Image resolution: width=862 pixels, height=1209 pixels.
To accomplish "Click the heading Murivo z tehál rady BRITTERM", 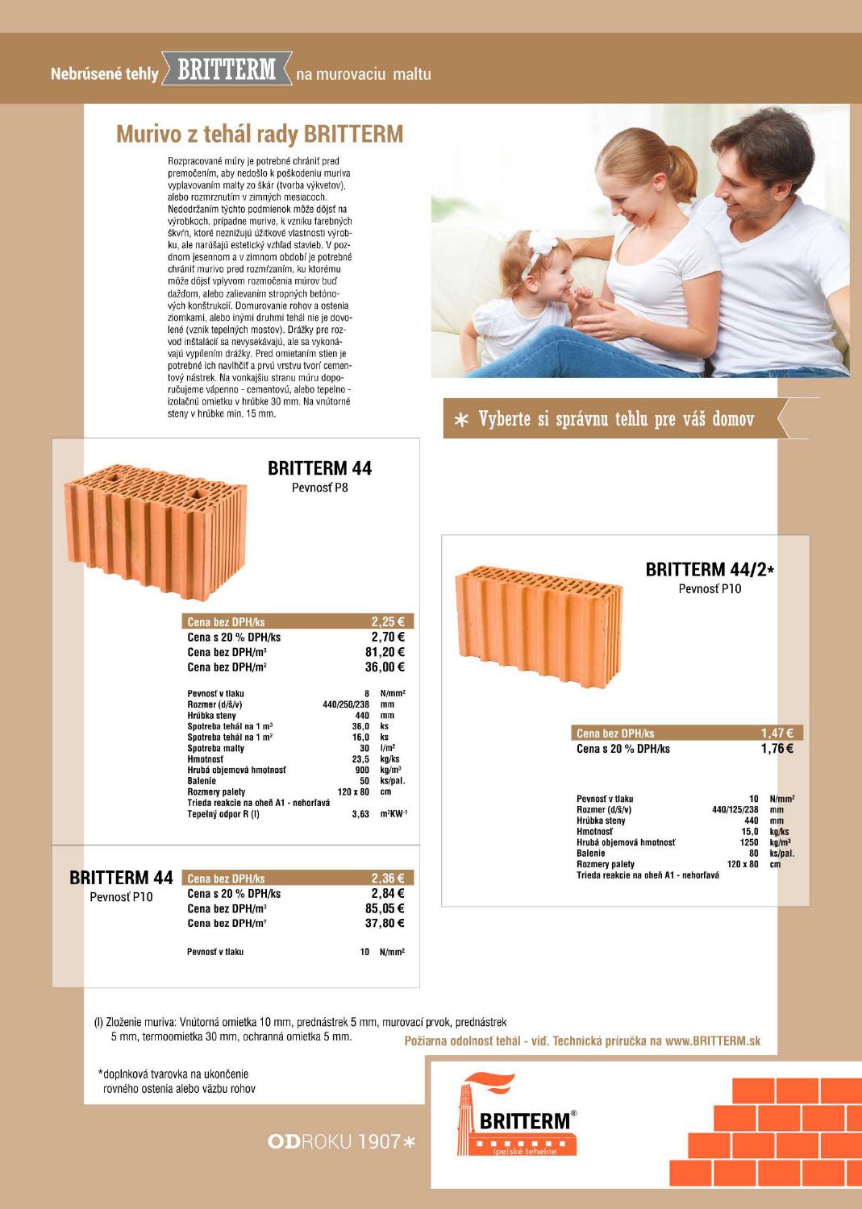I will [260, 134].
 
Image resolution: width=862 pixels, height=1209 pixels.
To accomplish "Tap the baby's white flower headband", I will [542, 246].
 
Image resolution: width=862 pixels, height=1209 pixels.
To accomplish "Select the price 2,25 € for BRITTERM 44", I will [388, 621].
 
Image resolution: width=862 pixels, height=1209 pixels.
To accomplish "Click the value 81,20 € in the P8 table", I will [385, 652].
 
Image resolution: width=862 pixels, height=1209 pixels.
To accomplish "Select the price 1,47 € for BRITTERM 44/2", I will [777, 733].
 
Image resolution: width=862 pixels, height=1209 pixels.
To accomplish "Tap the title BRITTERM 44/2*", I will [709, 570].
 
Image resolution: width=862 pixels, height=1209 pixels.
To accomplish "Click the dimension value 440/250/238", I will [346, 704].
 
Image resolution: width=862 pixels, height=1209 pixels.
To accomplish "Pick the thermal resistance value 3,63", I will [360, 814].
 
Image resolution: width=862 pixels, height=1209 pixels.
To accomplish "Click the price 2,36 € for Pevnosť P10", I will [388, 879].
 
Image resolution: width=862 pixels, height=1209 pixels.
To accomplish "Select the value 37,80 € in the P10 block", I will [385, 923].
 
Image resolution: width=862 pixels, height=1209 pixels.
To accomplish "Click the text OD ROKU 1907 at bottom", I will [341, 1141].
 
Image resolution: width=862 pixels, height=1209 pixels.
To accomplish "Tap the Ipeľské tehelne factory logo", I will [516, 1116].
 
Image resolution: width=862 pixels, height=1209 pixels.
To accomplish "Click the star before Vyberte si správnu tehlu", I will [461, 420].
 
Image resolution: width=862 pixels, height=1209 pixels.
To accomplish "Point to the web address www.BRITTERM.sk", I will [713, 1041].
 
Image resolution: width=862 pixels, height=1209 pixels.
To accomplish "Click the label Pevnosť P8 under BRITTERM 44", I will [319, 488].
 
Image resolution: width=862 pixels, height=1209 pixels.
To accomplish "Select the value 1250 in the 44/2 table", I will [748, 842].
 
